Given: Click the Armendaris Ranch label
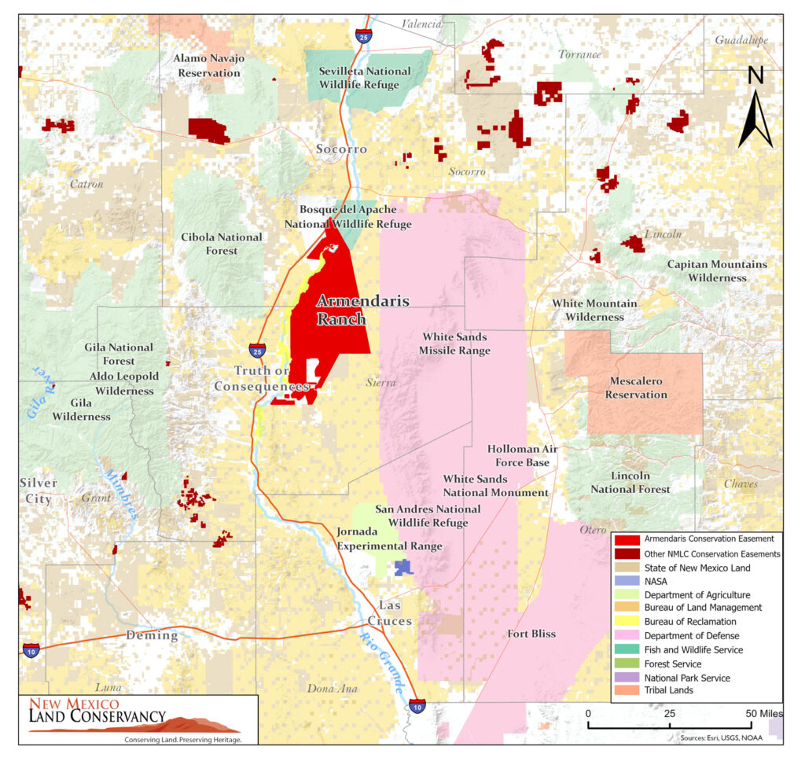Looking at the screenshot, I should tap(340, 310).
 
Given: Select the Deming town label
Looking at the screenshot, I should tap(152, 635).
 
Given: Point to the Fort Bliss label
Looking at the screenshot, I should tap(531, 634).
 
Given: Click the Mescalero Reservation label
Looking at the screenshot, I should tap(636, 388).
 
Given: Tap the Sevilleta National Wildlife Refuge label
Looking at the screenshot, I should tap(364, 77).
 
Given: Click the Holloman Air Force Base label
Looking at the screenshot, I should tap(518, 456).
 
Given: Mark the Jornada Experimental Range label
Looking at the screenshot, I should tap(389, 539).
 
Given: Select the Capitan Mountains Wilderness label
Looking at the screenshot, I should tap(717, 270).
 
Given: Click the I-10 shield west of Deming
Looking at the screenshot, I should tap(31, 649).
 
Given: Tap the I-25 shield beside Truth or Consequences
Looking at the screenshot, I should tap(257, 350).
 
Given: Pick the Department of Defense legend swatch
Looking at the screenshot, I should tap(626, 635).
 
